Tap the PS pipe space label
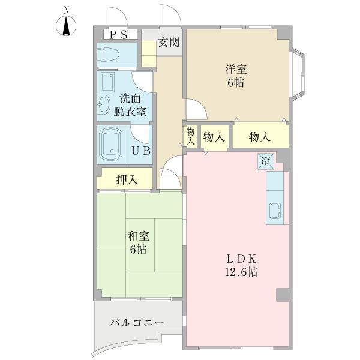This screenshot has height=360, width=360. pyautogui.click(x=118, y=35)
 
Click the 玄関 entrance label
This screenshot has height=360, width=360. pyautogui.click(x=169, y=43)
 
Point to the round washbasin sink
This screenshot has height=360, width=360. pyautogui.click(x=104, y=104)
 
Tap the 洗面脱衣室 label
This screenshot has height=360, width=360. pyautogui.click(x=130, y=105)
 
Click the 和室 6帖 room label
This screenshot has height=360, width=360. pyautogui.click(x=138, y=242)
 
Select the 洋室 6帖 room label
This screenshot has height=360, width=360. pyautogui.click(x=236, y=76)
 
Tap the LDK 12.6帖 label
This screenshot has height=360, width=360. pyautogui.click(x=241, y=266)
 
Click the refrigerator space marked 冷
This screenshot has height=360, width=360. pyautogui.click(x=266, y=161)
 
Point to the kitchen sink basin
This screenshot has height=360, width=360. pyautogui.click(x=275, y=211)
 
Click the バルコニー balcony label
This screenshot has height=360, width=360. pyautogui.click(x=137, y=323)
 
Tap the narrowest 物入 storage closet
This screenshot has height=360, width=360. pyautogui.click(x=190, y=136)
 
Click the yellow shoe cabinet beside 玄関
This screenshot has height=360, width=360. pyautogui.click(x=149, y=54)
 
